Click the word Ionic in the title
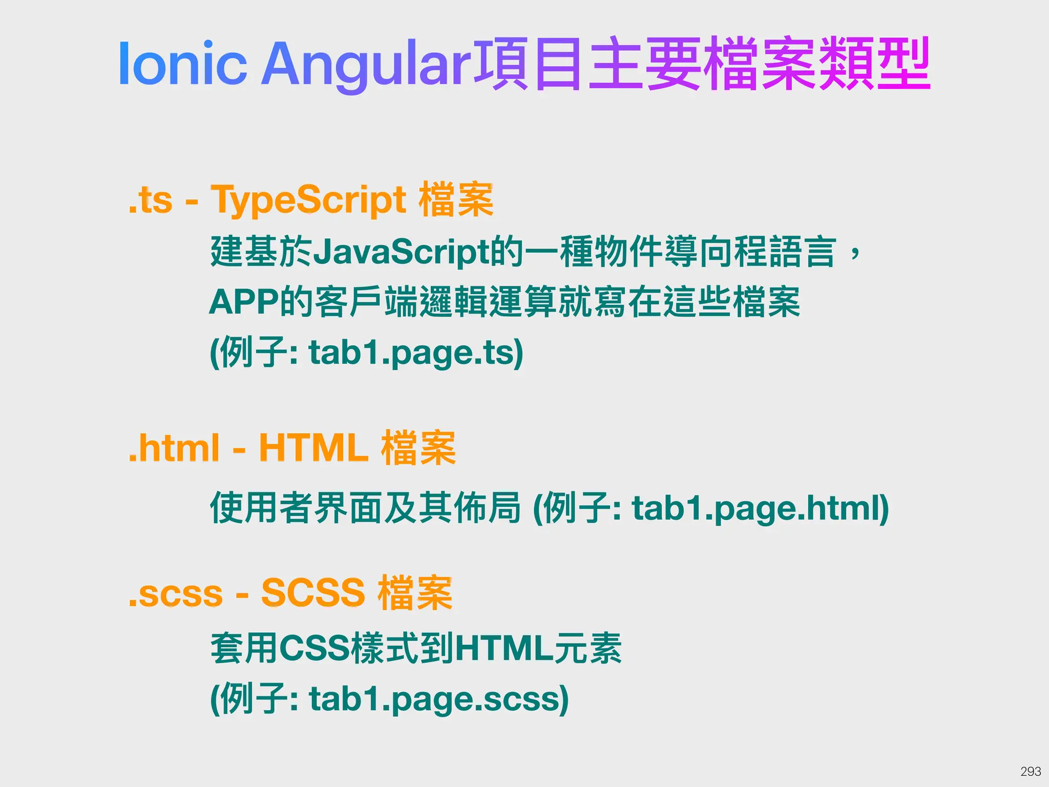click(182, 64)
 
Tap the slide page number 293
click(1031, 771)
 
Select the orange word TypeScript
click(309, 200)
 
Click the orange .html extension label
click(174, 448)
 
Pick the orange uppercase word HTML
click(313, 448)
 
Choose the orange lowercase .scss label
click(176, 594)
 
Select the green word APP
click(244, 302)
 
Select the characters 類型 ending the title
click(874, 64)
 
